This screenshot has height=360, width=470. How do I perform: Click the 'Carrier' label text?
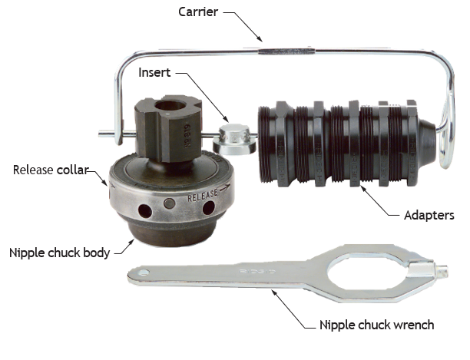(198, 12)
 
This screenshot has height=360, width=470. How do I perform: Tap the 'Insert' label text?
(154, 72)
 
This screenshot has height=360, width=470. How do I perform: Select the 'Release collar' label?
(51, 170)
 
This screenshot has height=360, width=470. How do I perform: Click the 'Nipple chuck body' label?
(60, 253)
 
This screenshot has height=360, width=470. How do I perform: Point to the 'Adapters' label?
(429, 216)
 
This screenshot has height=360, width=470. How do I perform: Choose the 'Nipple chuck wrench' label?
(377, 325)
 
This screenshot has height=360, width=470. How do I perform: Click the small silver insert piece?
(234, 139)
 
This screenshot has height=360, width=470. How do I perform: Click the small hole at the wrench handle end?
(144, 272)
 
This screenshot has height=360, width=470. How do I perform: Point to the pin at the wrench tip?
(442, 270)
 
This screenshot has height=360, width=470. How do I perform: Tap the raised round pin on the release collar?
(170, 203)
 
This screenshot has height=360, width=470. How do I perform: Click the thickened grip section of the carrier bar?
(286, 51)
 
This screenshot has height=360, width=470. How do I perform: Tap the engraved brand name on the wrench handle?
(258, 272)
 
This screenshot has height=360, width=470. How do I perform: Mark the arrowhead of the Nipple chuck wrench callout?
(274, 292)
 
